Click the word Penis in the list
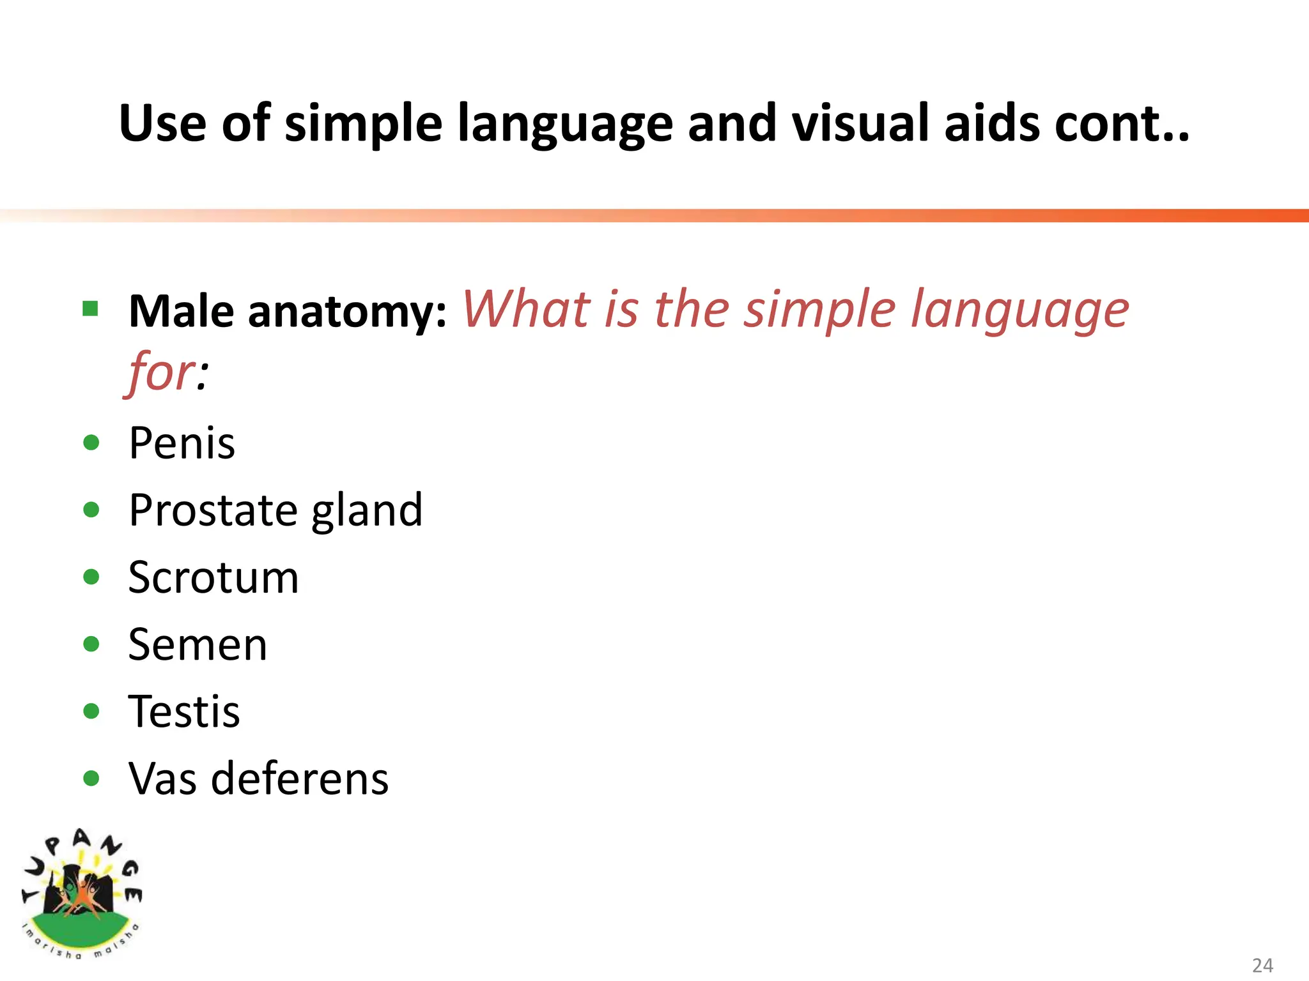[182, 443]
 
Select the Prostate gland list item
[275, 510]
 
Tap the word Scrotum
[213, 577]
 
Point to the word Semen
[198, 644]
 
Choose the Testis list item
[184, 711]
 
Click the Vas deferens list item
[258, 779]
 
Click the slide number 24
[1262, 965]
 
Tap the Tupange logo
[81, 894]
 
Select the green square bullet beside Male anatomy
[91, 309]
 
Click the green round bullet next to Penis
[91, 443]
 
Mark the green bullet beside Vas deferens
[91, 779]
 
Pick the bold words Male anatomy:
[288, 312]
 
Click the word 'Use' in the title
[163, 123]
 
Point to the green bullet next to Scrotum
[91, 577]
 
